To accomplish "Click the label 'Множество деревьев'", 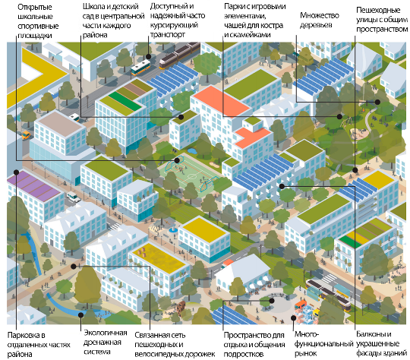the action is click(x=319, y=21).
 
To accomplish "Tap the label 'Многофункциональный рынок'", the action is click(x=323, y=344).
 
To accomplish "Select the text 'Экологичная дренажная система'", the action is click(x=105, y=342).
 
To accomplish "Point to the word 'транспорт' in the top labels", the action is click(x=168, y=34).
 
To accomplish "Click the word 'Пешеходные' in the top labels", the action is click(x=378, y=10).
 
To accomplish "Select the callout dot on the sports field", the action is click(x=177, y=160).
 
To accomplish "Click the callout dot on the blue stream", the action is click(x=81, y=314).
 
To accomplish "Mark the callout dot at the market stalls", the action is click(x=294, y=318).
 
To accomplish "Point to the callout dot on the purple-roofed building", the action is click(x=16, y=172).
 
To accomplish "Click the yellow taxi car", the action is click(x=26, y=135).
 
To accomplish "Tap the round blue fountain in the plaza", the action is click(x=173, y=230).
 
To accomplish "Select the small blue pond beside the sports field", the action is click(x=192, y=151).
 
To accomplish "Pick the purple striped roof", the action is click(x=34, y=185).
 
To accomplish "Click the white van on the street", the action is click(x=74, y=197).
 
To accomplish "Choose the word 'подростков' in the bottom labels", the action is click(x=244, y=355).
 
